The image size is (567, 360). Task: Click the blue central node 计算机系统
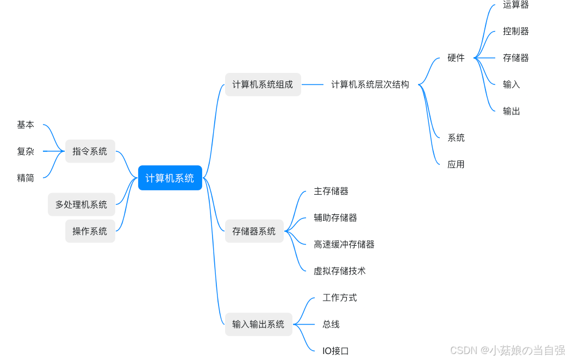(170, 178)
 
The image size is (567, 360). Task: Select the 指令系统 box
(90, 151)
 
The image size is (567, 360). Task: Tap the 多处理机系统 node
(81, 204)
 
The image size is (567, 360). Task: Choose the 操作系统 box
(90, 231)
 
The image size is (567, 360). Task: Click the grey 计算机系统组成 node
(263, 85)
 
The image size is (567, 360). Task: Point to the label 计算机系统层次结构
(370, 85)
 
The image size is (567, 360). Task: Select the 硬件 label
(456, 58)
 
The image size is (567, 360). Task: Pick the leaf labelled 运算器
(515, 5)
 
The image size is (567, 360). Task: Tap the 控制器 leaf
(515, 31)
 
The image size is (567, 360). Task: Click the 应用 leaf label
(456, 164)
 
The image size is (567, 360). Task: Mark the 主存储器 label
(331, 191)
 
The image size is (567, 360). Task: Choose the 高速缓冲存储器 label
(344, 244)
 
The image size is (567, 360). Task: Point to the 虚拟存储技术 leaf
(339, 271)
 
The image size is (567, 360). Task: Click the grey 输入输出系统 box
(258, 324)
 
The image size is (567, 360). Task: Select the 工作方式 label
(339, 297)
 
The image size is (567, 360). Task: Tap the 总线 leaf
(331, 324)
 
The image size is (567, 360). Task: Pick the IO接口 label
(335, 351)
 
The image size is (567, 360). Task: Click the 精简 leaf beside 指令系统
(26, 178)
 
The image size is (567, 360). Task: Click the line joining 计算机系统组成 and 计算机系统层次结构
(313, 85)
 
